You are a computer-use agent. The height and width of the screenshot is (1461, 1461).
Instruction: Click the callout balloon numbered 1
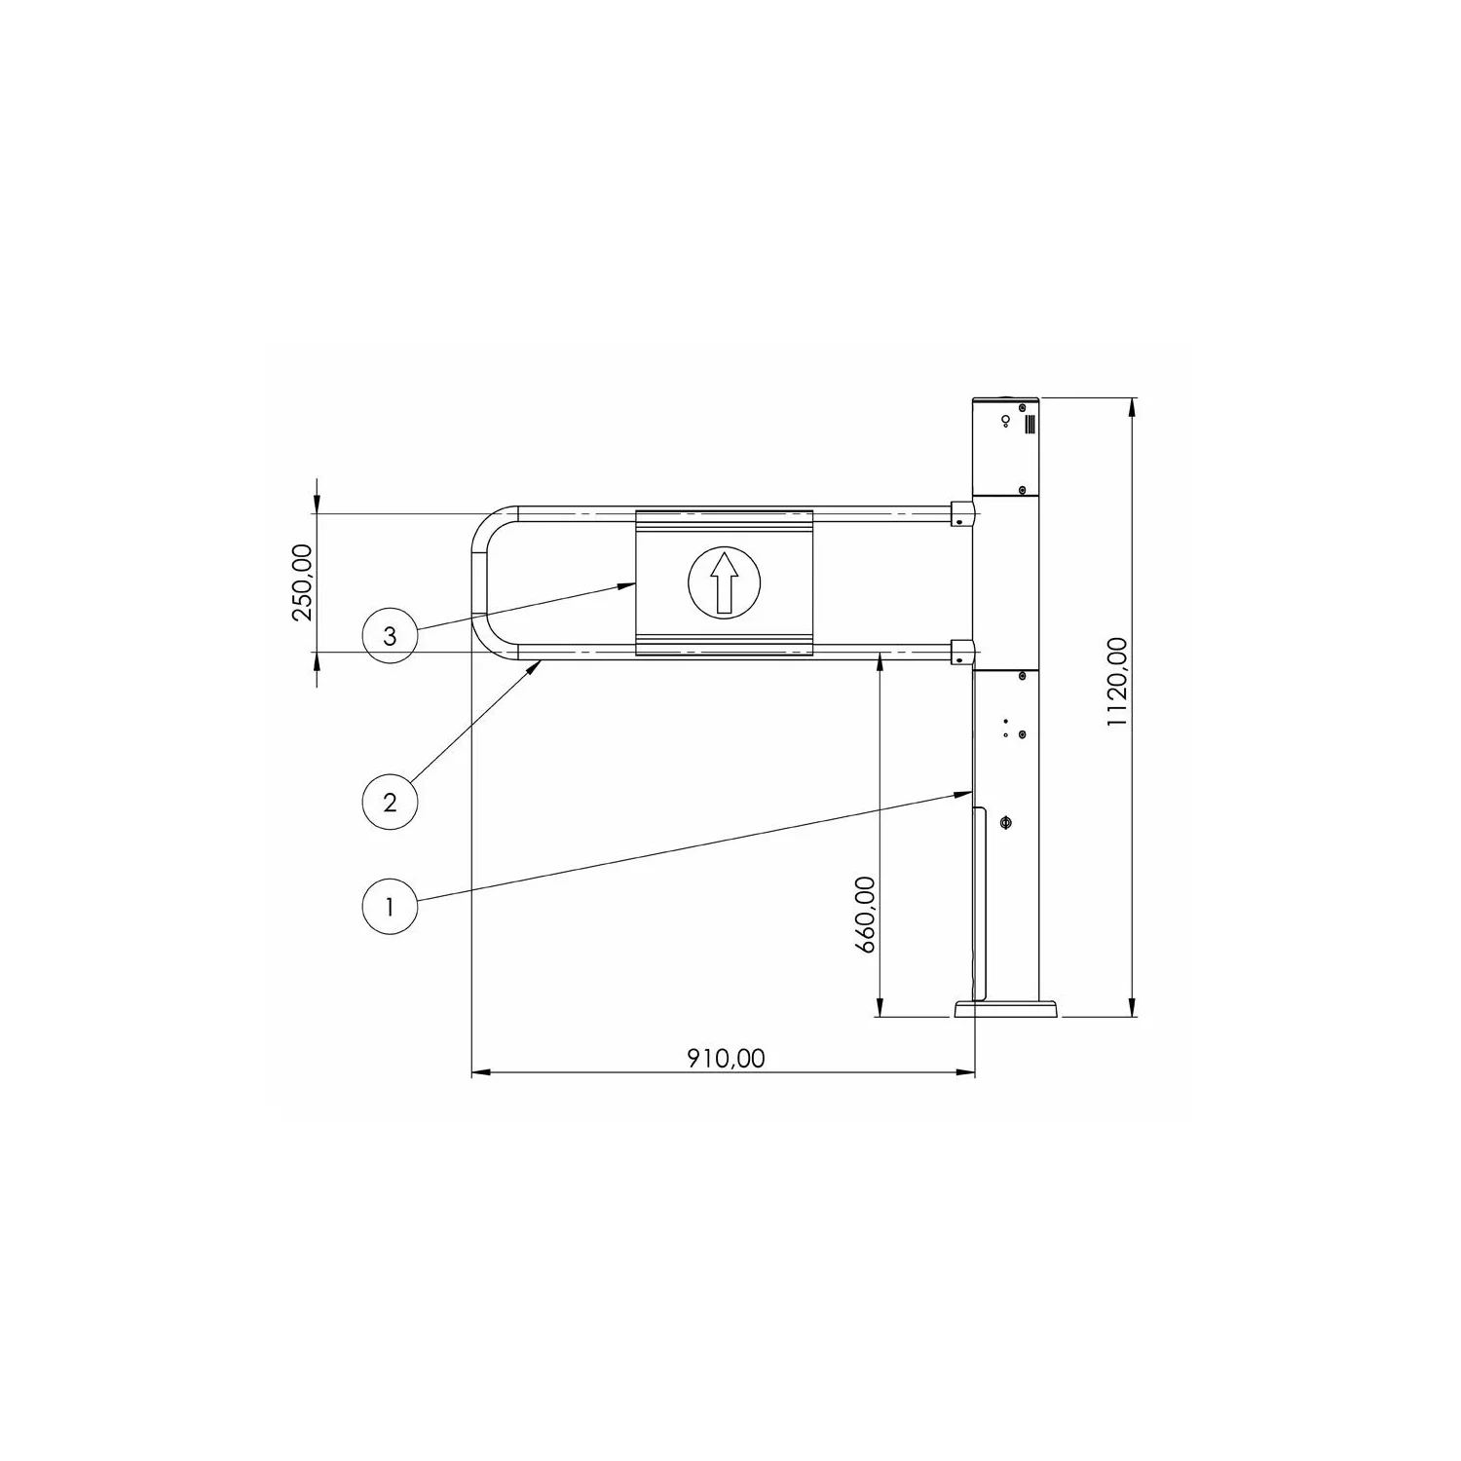point(390,907)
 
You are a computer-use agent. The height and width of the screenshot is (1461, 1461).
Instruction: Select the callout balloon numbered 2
point(390,802)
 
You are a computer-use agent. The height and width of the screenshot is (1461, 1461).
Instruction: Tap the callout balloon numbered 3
point(390,636)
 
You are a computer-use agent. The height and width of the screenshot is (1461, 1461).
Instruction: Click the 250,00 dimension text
point(303,581)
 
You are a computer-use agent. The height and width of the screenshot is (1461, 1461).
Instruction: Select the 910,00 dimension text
point(727,1058)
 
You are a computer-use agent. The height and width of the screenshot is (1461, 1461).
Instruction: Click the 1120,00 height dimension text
point(1117,682)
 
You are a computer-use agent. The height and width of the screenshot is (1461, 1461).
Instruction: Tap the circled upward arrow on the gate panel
point(724,582)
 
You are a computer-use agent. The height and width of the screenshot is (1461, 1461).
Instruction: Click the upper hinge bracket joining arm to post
point(960,513)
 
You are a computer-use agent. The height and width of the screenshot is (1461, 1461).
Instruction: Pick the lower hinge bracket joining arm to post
point(960,653)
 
